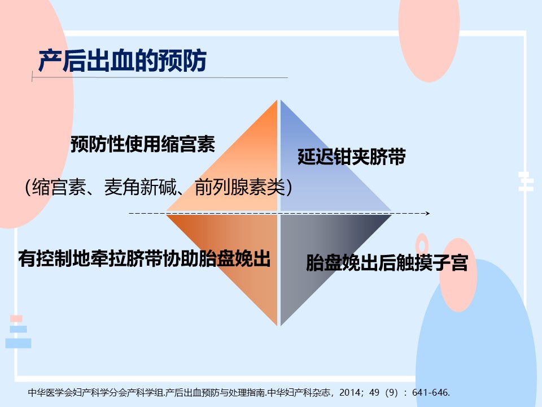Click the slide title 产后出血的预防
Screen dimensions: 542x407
click(123, 61)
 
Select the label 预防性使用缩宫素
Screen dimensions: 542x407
click(143, 144)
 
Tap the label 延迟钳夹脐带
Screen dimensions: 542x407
click(352, 157)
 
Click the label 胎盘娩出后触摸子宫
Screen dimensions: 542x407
click(387, 262)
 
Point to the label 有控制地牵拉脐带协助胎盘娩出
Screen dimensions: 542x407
click(144, 258)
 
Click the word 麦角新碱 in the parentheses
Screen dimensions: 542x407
click(141, 187)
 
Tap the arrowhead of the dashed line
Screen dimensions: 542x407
click(427, 213)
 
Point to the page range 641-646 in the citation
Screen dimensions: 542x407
click(430, 392)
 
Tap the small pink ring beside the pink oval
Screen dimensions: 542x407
click(422, 245)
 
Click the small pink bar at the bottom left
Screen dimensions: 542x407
click(16, 318)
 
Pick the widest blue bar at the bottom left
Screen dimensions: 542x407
click(18, 343)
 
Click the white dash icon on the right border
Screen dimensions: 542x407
click(526, 181)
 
